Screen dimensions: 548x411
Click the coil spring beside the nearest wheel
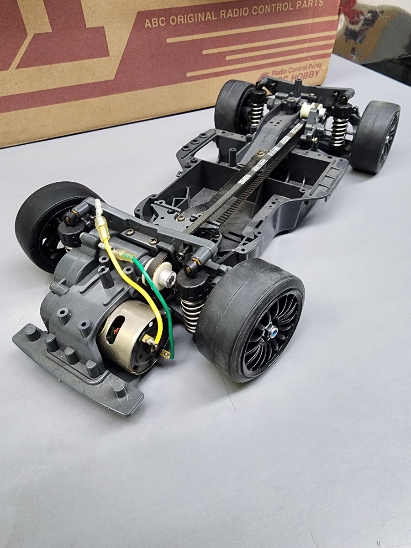(191, 313)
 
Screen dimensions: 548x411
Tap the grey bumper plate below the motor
(78, 365)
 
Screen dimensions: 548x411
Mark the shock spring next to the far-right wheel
(339, 128)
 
